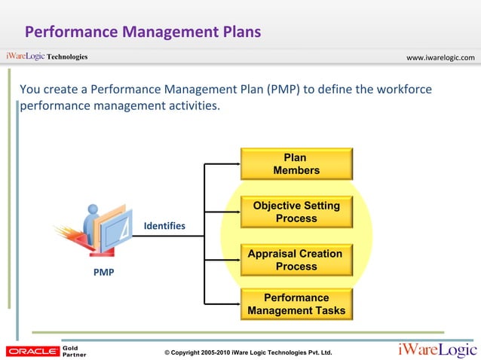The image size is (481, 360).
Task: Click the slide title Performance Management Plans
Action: [x=142, y=32]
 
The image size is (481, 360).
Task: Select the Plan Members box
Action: [x=296, y=164]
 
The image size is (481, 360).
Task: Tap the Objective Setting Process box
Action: [x=296, y=212]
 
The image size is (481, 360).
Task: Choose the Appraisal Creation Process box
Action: [x=296, y=260]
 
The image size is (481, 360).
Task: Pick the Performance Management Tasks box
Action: [x=296, y=304]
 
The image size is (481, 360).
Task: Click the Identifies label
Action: [x=164, y=226]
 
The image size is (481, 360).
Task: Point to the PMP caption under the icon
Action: [x=104, y=272]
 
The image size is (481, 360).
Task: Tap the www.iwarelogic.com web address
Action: [x=440, y=57]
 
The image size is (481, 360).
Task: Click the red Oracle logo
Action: [x=32, y=351]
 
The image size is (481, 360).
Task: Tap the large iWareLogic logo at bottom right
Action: [x=437, y=349]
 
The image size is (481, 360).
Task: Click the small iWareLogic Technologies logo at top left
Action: [x=47, y=56]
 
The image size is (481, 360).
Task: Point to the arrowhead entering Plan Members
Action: [x=236, y=164]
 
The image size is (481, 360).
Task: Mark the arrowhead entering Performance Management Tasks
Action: [x=236, y=304]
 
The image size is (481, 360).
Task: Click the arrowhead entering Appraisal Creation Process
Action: [x=236, y=260]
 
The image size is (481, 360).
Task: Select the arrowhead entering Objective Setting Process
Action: [x=236, y=212]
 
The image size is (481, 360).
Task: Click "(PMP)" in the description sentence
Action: [x=282, y=90]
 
